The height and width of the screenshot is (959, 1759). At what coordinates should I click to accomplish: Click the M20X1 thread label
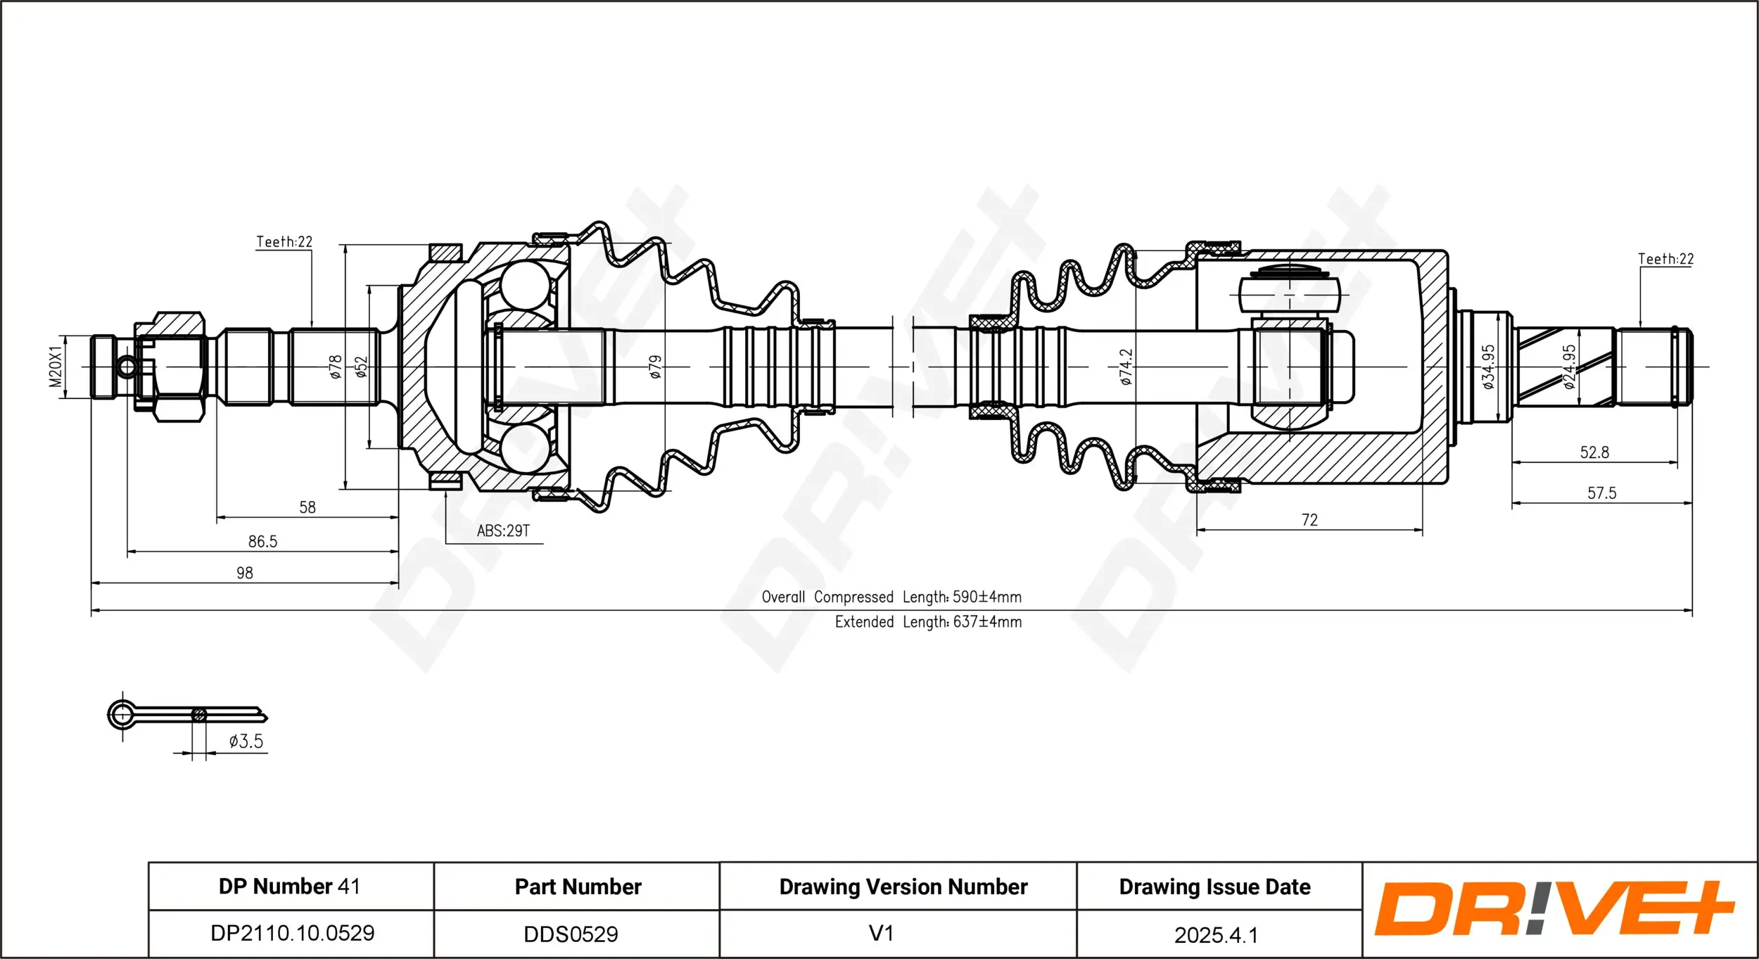tap(56, 367)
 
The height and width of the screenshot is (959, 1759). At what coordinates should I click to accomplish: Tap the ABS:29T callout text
tap(503, 531)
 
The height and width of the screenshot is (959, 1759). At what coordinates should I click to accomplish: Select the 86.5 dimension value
tap(262, 542)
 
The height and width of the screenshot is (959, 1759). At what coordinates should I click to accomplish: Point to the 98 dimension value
tap(244, 573)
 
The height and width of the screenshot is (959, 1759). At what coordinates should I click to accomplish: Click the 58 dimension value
tap(307, 507)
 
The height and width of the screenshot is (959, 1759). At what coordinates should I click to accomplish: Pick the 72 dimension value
tap(1309, 520)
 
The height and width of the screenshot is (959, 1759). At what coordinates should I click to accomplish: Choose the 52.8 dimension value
tap(1594, 452)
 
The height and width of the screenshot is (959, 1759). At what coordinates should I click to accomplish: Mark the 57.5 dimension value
tap(1601, 493)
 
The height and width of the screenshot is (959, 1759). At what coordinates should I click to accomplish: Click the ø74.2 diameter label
tap(1126, 367)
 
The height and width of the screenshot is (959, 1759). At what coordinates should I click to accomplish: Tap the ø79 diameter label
tap(655, 367)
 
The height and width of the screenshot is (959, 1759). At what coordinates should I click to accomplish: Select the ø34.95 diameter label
tap(1488, 367)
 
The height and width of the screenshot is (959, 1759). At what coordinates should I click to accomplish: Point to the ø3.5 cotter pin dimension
tap(246, 742)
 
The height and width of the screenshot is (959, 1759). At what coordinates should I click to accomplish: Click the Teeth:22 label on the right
tap(1665, 259)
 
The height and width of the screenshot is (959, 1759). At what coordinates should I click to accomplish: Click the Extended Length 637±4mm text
tap(928, 622)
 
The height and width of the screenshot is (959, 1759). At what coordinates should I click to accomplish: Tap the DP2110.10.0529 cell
tap(292, 934)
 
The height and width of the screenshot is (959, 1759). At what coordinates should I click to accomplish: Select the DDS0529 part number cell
tap(571, 934)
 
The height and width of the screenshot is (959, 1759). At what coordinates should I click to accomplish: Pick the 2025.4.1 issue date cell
tap(1216, 935)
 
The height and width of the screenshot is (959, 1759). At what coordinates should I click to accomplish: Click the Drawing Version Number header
tap(903, 887)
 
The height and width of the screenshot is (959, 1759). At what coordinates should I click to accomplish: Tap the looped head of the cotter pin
tap(122, 716)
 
